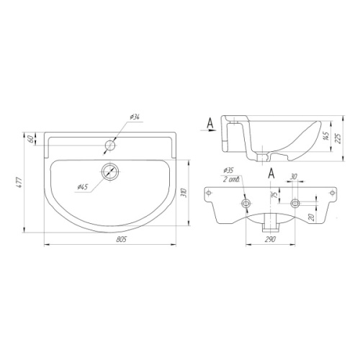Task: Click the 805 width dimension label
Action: [121, 239]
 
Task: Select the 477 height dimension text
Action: [19, 182]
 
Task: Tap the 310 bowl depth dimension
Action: [184, 193]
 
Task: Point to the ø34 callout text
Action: [135, 117]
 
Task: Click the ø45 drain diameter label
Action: [83, 186]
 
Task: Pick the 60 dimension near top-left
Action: [31, 139]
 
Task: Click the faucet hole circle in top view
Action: [110, 145]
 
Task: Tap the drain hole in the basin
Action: [110, 171]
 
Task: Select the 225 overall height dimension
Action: [338, 138]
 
